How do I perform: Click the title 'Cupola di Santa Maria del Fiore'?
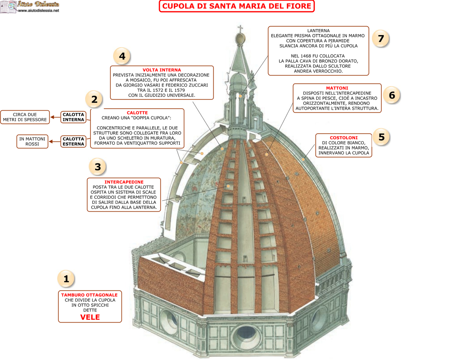[x=237, y=6]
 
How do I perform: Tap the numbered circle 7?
[x=380, y=39]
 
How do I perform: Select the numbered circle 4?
[x=122, y=56]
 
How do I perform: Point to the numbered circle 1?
[x=66, y=279]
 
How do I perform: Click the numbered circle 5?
[x=381, y=137]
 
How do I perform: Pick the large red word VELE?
[x=90, y=317]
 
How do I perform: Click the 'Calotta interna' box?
[x=73, y=117]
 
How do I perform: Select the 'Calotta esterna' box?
[x=73, y=141]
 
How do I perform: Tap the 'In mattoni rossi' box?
[x=32, y=141]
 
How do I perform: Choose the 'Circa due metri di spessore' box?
[x=25, y=117]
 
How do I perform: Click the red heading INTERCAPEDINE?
[x=124, y=182]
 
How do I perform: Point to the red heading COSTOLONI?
[x=343, y=138]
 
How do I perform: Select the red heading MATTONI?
[x=337, y=88]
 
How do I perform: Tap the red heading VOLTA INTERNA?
[x=162, y=70]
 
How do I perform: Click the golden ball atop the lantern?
[x=241, y=39]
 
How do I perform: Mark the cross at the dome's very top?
[x=240, y=28]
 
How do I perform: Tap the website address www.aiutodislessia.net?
[x=38, y=10]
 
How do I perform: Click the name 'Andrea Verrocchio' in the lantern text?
[x=318, y=71]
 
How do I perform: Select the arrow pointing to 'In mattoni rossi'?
[x=51, y=141]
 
